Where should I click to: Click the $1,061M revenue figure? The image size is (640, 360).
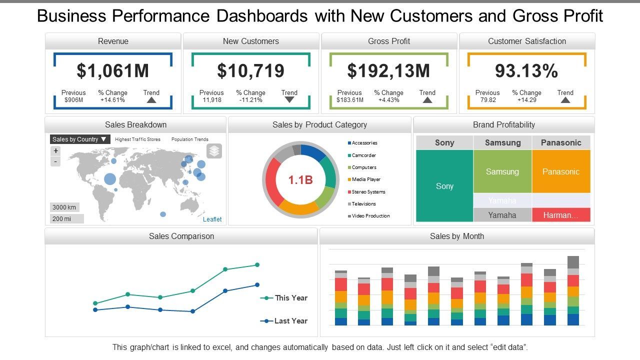pos(112,70)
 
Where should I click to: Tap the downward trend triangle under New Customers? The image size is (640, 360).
pos(289,99)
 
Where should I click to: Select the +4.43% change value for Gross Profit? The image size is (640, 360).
pos(388,100)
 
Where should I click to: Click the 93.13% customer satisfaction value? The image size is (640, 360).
pos(526,70)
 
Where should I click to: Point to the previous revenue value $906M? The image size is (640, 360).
pos(73,100)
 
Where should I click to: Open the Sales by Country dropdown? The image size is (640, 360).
pos(79,139)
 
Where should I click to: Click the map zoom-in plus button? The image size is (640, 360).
pos(56,151)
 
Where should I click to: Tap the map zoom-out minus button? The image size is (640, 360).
pos(56,161)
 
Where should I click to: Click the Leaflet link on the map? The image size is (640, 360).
pos(212,219)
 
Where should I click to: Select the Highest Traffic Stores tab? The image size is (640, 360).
pos(137,139)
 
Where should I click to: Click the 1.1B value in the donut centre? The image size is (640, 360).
pos(300,180)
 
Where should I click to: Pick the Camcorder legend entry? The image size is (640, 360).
pos(363,155)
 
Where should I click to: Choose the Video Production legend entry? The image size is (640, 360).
pos(370,216)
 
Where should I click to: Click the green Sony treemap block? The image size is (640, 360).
pos(444,186)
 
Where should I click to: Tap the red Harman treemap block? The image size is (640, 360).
pos(561,215)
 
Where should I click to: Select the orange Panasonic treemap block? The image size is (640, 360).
pos(561,171)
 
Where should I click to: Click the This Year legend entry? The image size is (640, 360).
pos(290,298)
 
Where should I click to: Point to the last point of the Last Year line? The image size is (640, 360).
pos(257,285)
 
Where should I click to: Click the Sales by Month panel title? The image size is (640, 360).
pos(457,236)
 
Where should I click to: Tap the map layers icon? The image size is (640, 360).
pos(214,151)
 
